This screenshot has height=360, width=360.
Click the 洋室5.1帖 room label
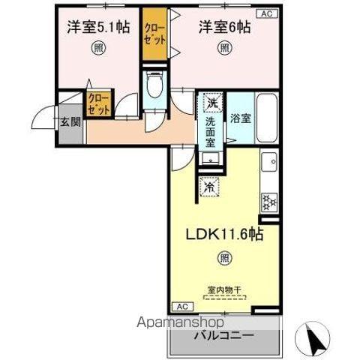point(97,27)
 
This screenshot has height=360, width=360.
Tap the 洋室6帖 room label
point(224,27)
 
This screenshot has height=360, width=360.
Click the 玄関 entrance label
point(70,121)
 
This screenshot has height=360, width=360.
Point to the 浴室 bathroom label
point(240,118)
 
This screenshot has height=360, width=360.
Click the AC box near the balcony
point(181,306)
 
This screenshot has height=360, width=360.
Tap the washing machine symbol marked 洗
point(211,103)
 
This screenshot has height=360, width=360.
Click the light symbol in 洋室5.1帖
point(97,49)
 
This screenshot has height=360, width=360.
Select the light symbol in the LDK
point(224,259)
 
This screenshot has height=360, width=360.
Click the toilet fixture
point(154,85)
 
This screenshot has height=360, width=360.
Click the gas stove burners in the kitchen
point(268,202)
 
